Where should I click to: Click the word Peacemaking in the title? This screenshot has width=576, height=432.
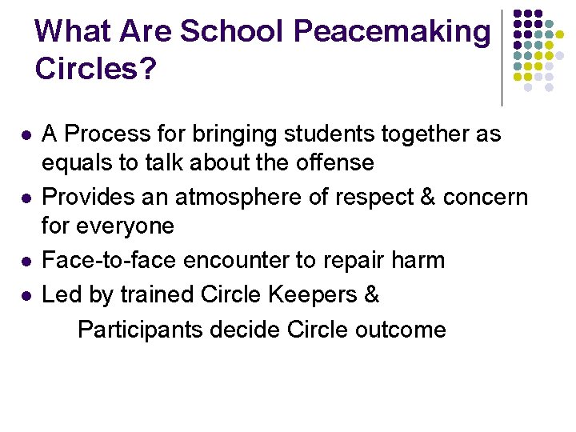(391, 32)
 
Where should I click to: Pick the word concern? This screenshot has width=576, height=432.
(490, 197)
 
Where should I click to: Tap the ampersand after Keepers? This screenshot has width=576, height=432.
(371, 294)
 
